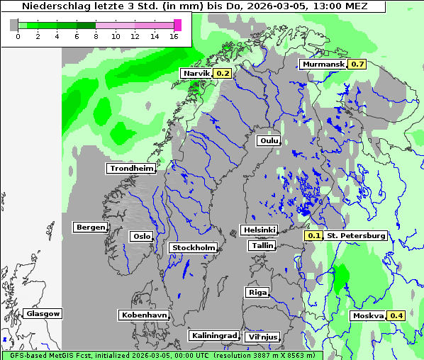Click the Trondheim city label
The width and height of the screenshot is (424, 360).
coord(131,168)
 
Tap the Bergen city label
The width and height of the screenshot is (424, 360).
coord(89,227)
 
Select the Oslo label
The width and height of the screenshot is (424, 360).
coord(141,236)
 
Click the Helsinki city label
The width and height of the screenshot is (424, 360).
coord(259,230)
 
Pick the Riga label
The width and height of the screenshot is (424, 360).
coord(257,292)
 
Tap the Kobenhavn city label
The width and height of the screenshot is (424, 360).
coord(144,315)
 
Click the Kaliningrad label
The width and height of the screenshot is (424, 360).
coord(213,335)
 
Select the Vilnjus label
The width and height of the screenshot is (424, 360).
coord(262,337)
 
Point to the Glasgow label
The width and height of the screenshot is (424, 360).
coord(43,313)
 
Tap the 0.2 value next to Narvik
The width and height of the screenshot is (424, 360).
coord(223,73)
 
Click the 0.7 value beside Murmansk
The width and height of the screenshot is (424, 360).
coord(357,64)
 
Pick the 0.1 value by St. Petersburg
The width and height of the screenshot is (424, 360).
coord(313,235)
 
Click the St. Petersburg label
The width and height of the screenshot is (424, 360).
coord(356,235)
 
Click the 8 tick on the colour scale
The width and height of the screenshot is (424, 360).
coord(96,36)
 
